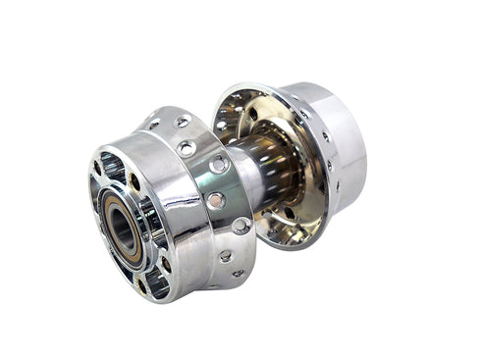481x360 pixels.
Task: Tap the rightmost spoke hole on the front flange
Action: (x=242, y=226)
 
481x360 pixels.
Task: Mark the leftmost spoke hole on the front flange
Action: (x=153, y=126)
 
